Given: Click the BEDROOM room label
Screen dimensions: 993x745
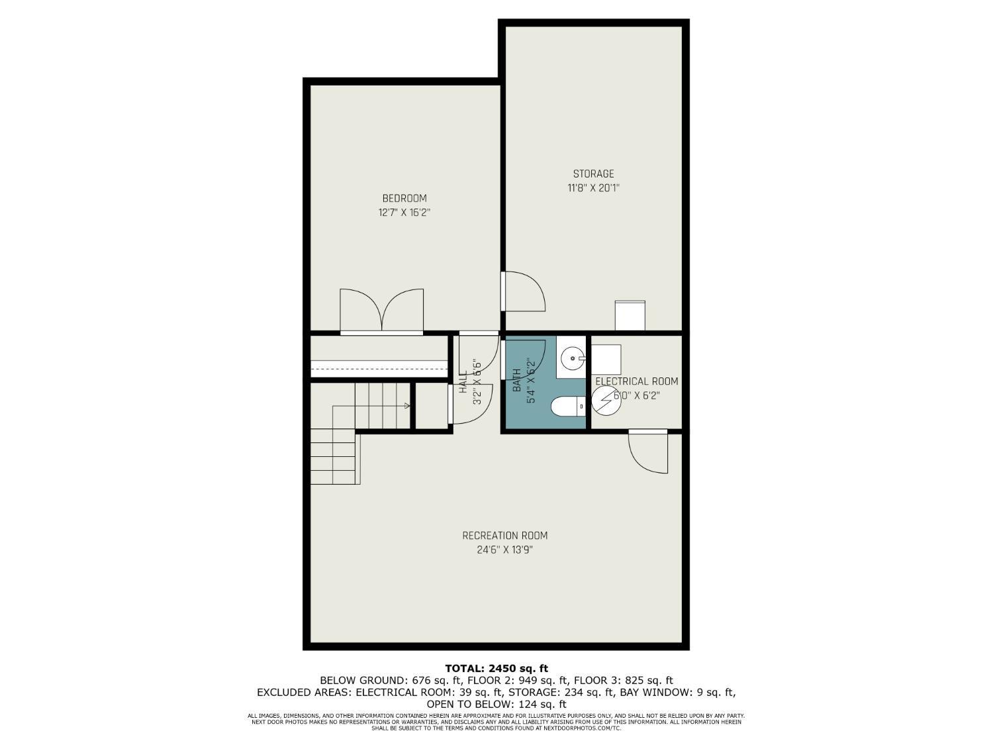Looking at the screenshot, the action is (404, 198).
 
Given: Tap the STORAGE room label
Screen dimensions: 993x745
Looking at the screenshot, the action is (593, 174).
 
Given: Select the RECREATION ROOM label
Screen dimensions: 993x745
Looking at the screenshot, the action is (504, 536).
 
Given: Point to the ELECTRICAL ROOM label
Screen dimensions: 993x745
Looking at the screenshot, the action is (637, 381).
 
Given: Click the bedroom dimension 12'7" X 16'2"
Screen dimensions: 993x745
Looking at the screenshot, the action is (404, 212).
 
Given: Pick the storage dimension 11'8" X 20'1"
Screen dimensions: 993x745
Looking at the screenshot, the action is (593, 187).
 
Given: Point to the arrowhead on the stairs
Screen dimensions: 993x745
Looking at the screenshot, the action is (407, 406).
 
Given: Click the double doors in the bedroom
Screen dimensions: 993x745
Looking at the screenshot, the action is (382, 311).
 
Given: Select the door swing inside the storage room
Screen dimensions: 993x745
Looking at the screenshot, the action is (524, 291).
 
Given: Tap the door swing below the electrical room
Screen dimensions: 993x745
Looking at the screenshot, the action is (648, 453).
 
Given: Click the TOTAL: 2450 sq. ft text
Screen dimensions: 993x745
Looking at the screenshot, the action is (496, 668).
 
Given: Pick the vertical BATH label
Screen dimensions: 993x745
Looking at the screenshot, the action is (516, 380).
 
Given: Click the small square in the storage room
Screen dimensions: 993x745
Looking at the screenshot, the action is (630, 315).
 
